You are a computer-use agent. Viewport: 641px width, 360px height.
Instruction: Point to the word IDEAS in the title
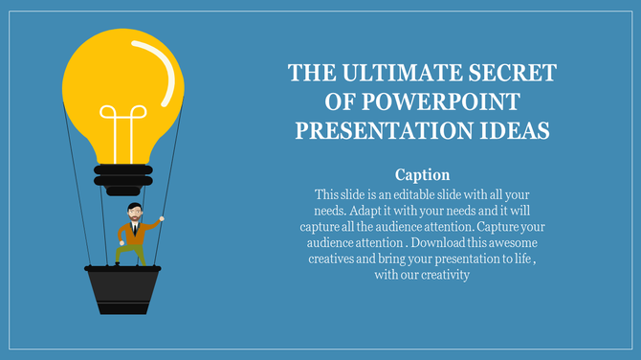517,129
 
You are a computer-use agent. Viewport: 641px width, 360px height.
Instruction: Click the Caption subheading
422,175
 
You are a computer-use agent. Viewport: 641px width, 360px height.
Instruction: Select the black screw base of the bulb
122,179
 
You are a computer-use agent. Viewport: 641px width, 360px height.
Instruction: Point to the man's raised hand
161,219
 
